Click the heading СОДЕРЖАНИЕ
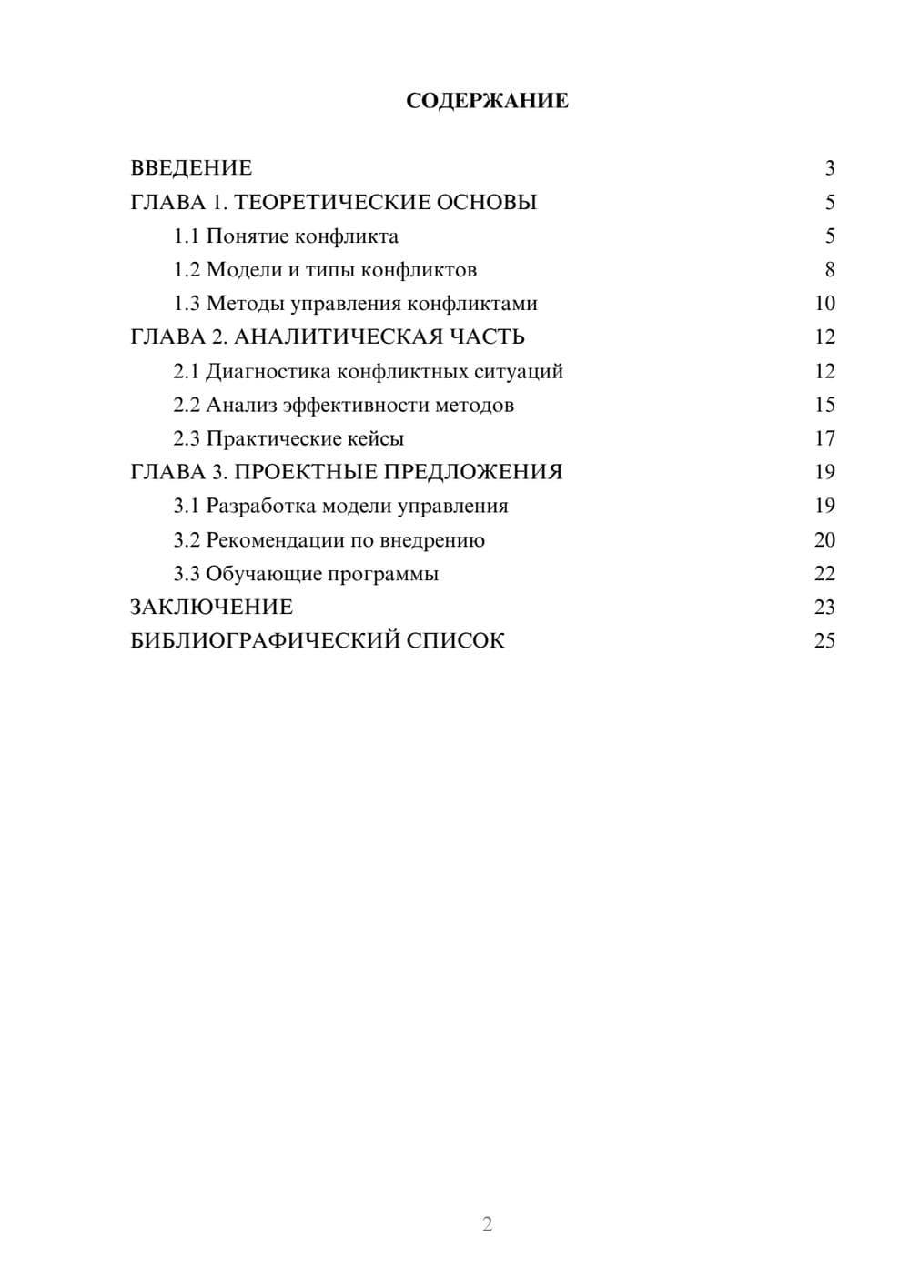(x=487, y=101)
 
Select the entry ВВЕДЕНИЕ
(x=191, y=168)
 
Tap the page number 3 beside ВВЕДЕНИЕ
(x=829, y=168)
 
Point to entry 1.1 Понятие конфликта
(x=286, y=236)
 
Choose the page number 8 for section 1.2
(x=829, y=270)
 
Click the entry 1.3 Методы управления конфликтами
(x=355, y=304)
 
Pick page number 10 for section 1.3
(x=824, y=304)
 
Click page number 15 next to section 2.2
(x=824, y=405)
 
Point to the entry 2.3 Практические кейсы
(x=288, y=438)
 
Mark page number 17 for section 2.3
(x=824, y=438)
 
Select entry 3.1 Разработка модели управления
(x=340, y=506)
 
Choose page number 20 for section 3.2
(x=824, y=540)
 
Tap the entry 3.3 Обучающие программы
(x=306, y=574)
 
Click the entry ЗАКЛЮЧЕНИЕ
(x=211, y=608)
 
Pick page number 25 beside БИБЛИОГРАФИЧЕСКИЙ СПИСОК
(x=824, y=641)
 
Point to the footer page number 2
(x=487, y=1224)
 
